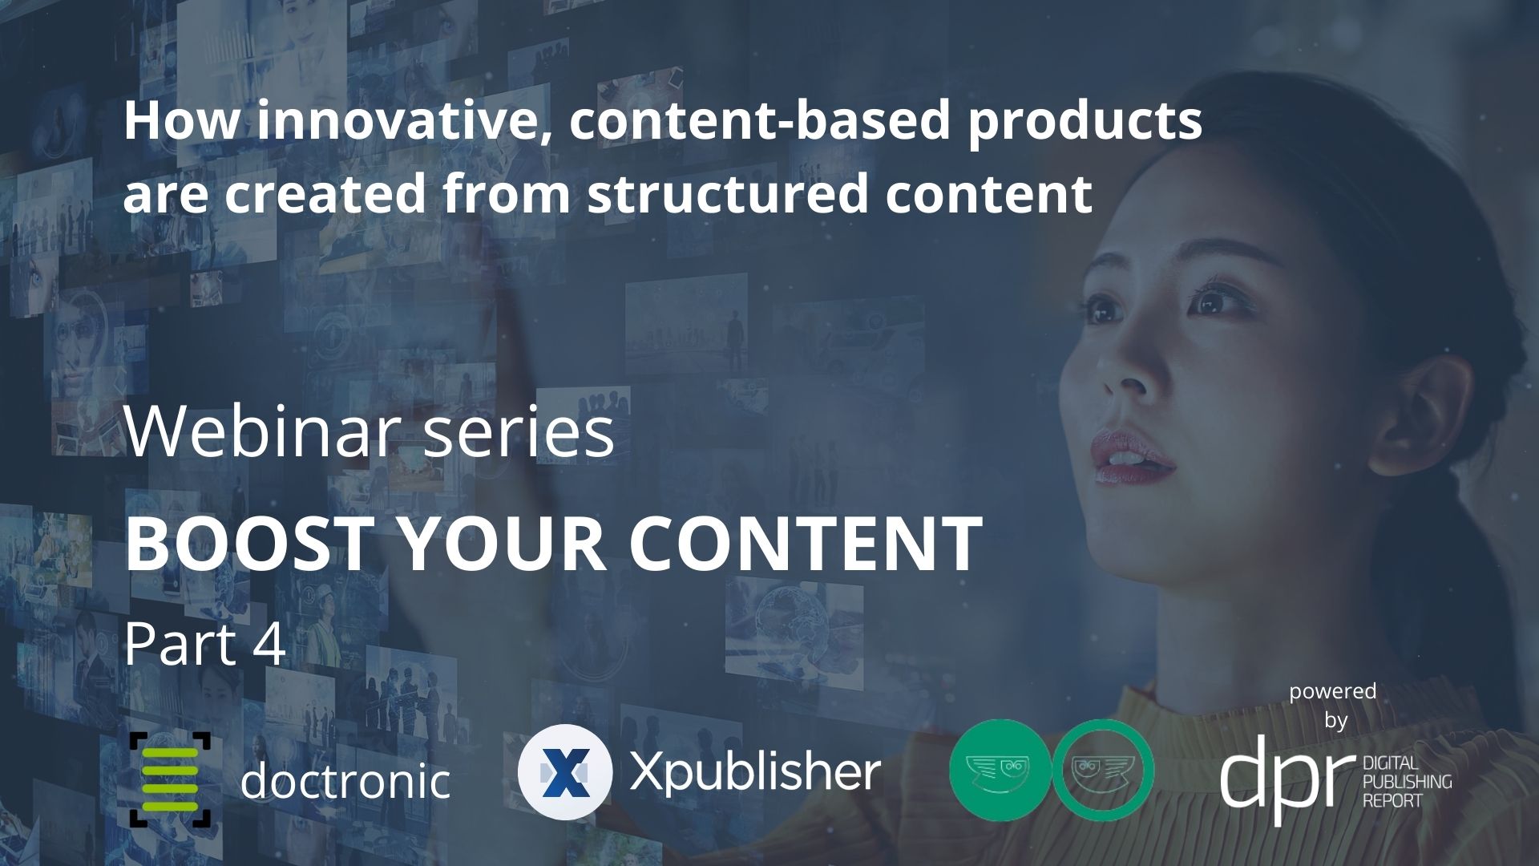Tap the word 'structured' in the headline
click(x=728, y=193)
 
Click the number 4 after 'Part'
click(x=269, y=645)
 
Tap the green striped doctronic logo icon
click(x=170, y=779)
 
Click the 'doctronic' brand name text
click(x=345, y=780)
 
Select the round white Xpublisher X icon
click(x=565, y=771)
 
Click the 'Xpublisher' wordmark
click(x=754, y=772)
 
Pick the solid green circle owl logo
click(x=999, y=770)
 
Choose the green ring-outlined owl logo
click(x=1103, y=770)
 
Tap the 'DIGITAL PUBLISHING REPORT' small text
click(x=1407, y=781)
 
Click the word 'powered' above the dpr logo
click(x=1332, y=691)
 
